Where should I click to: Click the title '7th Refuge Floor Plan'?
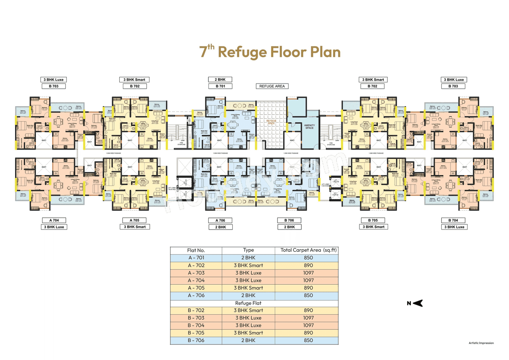(x=270, y=52)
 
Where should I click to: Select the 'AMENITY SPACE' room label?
(x=309, y=127)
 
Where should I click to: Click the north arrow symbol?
(x=417, y=304)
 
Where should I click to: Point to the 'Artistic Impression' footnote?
(x=481, y=343)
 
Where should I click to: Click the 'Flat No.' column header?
(x=196, y=250)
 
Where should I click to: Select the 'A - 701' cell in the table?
(x=196, y=258)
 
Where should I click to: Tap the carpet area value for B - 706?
(x=308, y=340)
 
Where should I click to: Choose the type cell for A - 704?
(x=249, y=280)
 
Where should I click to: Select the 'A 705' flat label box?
(x=134, y=220)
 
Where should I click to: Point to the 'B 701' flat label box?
(x=221, y=86)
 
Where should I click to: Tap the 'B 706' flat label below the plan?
(x=289, y=220)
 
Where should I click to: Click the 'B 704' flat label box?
(x=453, y=220)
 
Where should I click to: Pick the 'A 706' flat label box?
(x=221, y=220)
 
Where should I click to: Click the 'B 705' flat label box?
(x=373, y=220)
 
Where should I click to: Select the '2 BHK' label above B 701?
(x=221, y=80)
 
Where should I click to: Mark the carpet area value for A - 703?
(x=308, y=273)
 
